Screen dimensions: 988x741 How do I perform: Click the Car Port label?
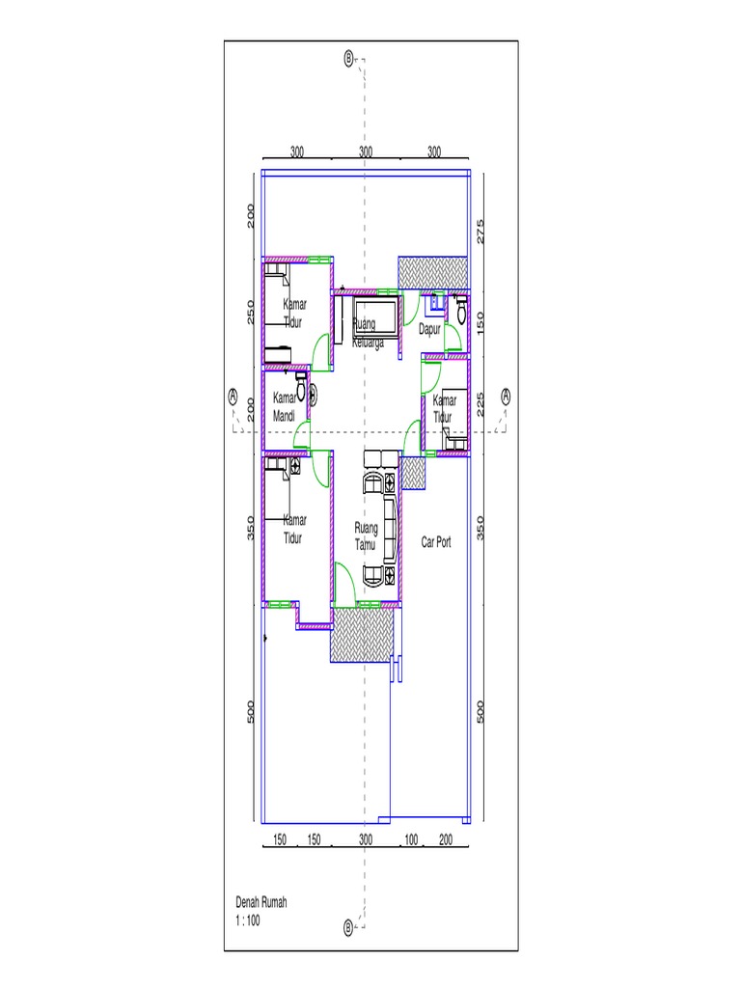coord(436,542)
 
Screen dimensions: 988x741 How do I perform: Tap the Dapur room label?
coord(429,329)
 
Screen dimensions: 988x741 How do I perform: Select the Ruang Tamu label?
coord(366,536)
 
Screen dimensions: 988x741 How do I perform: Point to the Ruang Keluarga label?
coord(367,333)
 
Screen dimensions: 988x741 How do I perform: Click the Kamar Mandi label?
coord(284,407)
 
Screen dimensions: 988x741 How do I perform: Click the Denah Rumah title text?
coord(261,902)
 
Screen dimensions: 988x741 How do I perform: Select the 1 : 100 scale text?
coord(248,920)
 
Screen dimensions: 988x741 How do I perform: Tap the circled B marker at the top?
coord(349,58)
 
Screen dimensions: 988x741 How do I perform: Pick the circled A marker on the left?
coord(233,395)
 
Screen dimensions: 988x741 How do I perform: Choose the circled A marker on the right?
coord(506,395)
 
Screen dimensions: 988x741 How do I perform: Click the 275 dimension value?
coord(480,231)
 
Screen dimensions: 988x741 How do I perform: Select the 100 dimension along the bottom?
coord(411,839)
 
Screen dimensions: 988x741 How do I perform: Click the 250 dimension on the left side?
coord(250,312)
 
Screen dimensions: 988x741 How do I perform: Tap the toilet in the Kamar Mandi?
coord(302,389)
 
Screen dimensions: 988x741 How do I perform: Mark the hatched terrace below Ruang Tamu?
coord(362,636)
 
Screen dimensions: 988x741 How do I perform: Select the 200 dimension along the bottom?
coord(446,839)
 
